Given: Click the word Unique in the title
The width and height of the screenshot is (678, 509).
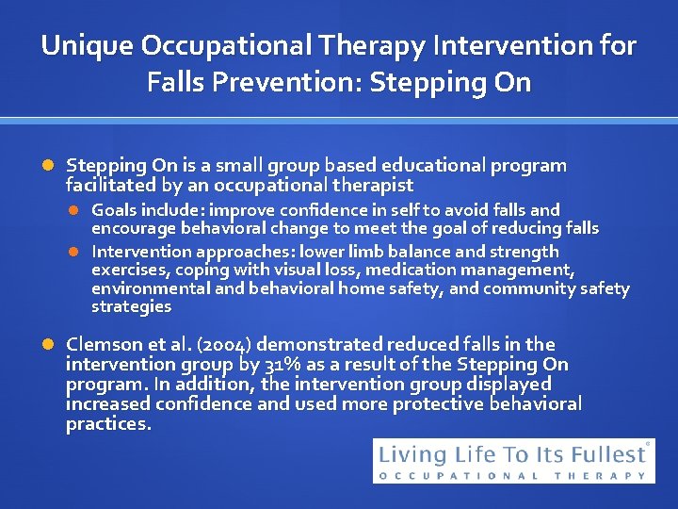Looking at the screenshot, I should [89, 45].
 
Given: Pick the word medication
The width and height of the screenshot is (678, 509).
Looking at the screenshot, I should [415, 271].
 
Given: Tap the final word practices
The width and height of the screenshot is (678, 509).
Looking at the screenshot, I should [108, 424].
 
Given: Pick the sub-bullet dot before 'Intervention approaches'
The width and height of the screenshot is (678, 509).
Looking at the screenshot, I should [76, 252].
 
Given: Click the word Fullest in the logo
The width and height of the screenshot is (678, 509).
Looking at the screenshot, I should [608, 454].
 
